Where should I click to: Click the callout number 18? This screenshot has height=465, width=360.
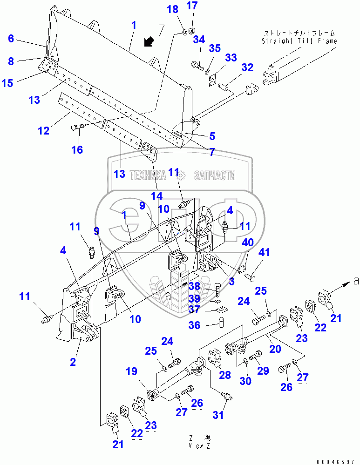(x=172, y=9)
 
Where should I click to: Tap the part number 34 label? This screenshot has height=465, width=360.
(x=199, y=40)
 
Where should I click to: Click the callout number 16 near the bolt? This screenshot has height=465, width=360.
(x=77, y=149)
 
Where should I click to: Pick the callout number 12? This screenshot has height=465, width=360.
(x=43, y=131)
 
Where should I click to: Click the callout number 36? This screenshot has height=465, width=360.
(x=195, y=325)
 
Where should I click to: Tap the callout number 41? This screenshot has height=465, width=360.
(x=265, y=253)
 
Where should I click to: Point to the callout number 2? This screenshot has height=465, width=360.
(x=73, y=362)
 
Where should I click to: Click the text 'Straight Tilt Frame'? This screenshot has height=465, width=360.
(x=299, y=41)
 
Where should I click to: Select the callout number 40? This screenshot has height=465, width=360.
(x=248, y=243)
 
